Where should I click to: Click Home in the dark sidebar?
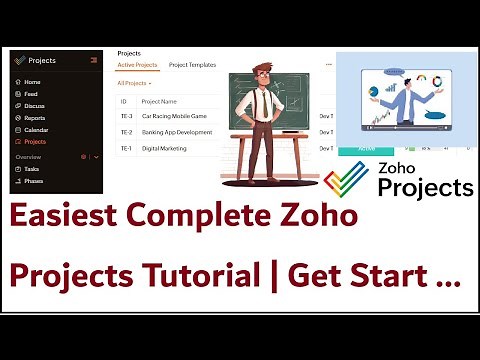32,82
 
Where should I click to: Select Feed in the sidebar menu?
31,94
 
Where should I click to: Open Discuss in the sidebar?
34,106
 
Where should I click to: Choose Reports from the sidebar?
35,118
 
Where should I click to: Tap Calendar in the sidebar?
36,130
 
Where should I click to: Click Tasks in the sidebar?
32,169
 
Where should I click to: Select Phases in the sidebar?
34,181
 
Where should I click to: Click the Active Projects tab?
138,64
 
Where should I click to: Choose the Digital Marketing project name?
165,149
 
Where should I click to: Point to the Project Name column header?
161,101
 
